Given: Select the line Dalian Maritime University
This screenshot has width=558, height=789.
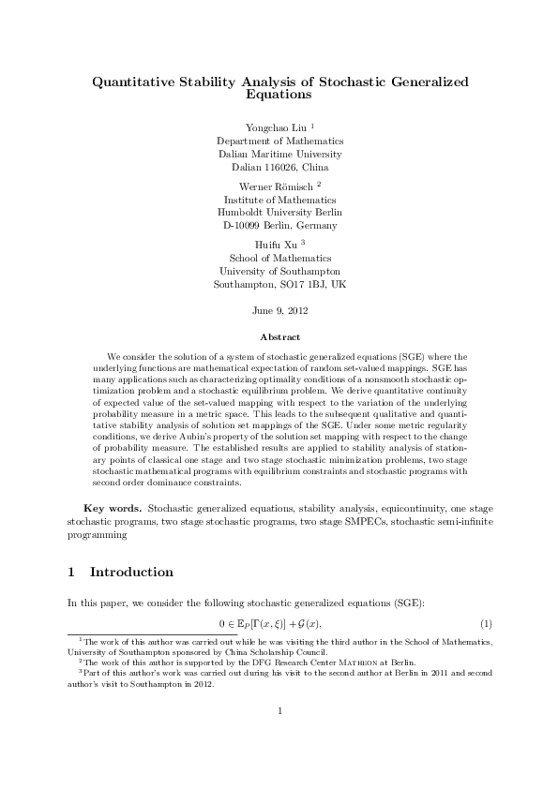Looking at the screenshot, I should pos(279,154).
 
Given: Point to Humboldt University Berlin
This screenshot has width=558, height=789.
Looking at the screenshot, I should pos(279,213).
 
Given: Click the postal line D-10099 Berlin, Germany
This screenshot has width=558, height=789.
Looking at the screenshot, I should pos(279,226).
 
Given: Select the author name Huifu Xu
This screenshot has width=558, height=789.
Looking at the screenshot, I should pos(275,244).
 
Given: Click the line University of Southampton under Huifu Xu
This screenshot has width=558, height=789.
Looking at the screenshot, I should pos(279,270).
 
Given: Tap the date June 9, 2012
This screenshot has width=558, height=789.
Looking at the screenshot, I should pos(279,309).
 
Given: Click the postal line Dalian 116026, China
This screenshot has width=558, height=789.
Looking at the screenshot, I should pos(279,167).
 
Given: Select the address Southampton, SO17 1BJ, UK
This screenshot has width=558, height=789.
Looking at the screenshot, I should pos(279,283).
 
